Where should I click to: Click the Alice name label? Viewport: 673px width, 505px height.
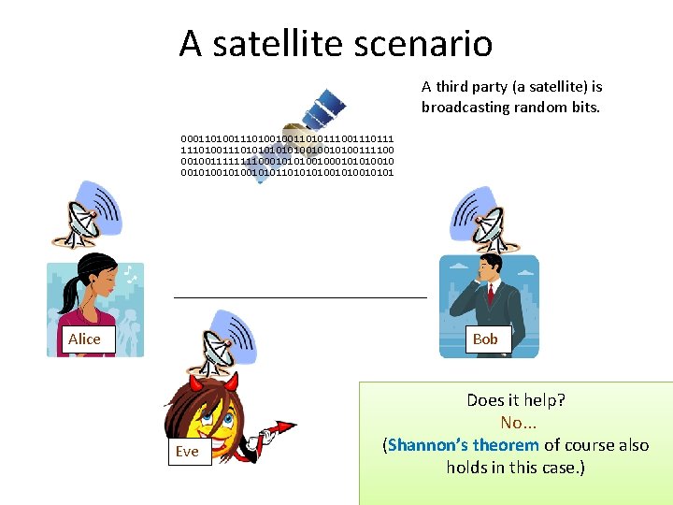pos(84,339)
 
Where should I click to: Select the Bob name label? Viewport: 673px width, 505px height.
pos(485,339)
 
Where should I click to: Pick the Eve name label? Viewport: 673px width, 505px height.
pos(187,452)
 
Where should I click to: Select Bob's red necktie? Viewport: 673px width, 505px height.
pos(490,295)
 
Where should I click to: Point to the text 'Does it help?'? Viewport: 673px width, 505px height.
pos(516,401)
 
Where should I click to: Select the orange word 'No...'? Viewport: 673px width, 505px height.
pos(516,423)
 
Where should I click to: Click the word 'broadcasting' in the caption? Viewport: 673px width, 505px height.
pos(464,107)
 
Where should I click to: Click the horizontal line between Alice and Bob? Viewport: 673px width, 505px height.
pos(299,296)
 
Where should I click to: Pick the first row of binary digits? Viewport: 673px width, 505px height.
pos(287,138)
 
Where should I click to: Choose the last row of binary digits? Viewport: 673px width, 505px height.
pos(287,172)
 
